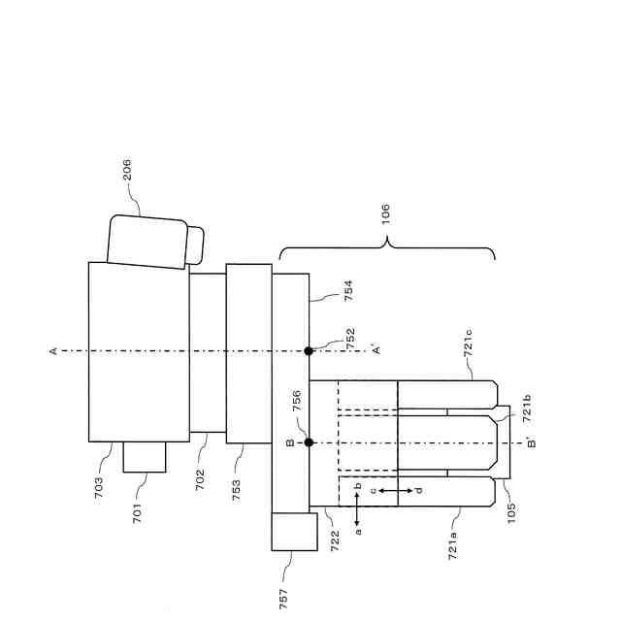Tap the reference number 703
99,486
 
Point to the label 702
200,479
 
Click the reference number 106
385,214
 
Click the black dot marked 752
309,350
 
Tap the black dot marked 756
309,442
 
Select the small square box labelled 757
294,532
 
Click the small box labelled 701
145,456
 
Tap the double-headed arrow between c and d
394,491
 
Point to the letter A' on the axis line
377,350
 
